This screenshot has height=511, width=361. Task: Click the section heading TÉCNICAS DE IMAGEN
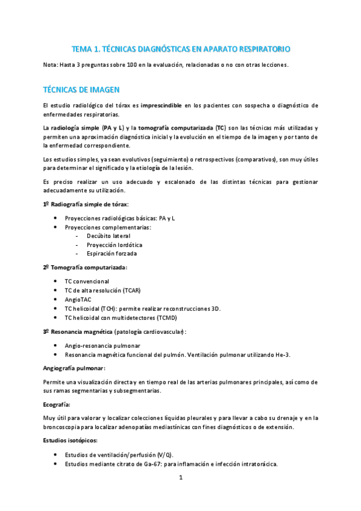[x=81, y=89]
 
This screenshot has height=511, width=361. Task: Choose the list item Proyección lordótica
[x=115, y=245]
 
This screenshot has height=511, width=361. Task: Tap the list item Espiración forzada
[x=111, y=254]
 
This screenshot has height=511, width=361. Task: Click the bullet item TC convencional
[x=87, y=281]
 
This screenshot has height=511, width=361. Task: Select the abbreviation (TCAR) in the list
[x=131, y=290]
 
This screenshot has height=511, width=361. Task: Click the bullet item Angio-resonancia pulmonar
[x=102, y=345]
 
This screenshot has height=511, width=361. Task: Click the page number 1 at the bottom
[x=180, y=478]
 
